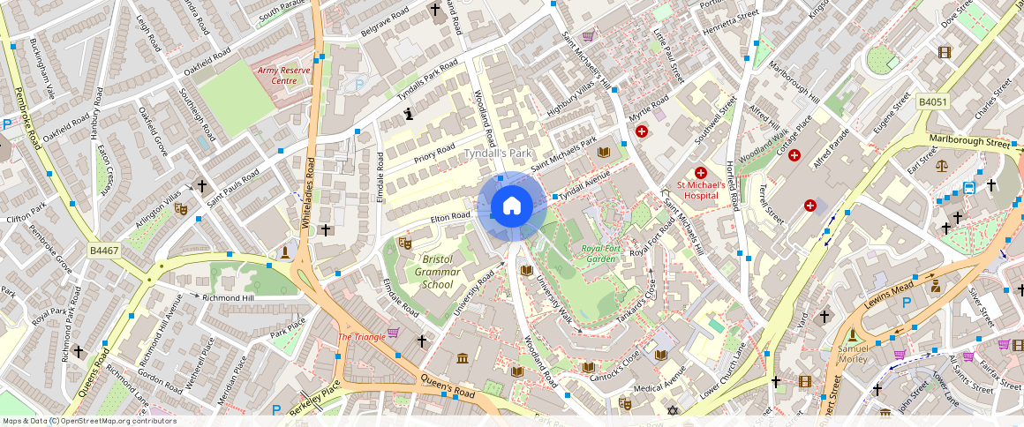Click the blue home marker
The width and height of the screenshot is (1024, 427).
(511, 206)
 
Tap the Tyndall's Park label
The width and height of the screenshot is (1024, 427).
(498, 154)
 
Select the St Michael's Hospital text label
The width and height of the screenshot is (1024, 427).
(701, 191)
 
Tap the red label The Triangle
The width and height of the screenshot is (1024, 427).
(362, 338)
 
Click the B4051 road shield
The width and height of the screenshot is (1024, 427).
(932, 102)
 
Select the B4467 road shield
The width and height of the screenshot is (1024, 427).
(104, 251)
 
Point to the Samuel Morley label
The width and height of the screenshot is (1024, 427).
(852, 354)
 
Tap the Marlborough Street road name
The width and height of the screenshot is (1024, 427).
(968, 142)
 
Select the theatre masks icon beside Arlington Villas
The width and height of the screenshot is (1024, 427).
(181, 209)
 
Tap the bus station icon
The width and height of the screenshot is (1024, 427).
(969, 187)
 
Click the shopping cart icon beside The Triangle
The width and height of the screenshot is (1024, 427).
(393, 333)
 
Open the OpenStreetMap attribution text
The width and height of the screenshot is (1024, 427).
(89, 421)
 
